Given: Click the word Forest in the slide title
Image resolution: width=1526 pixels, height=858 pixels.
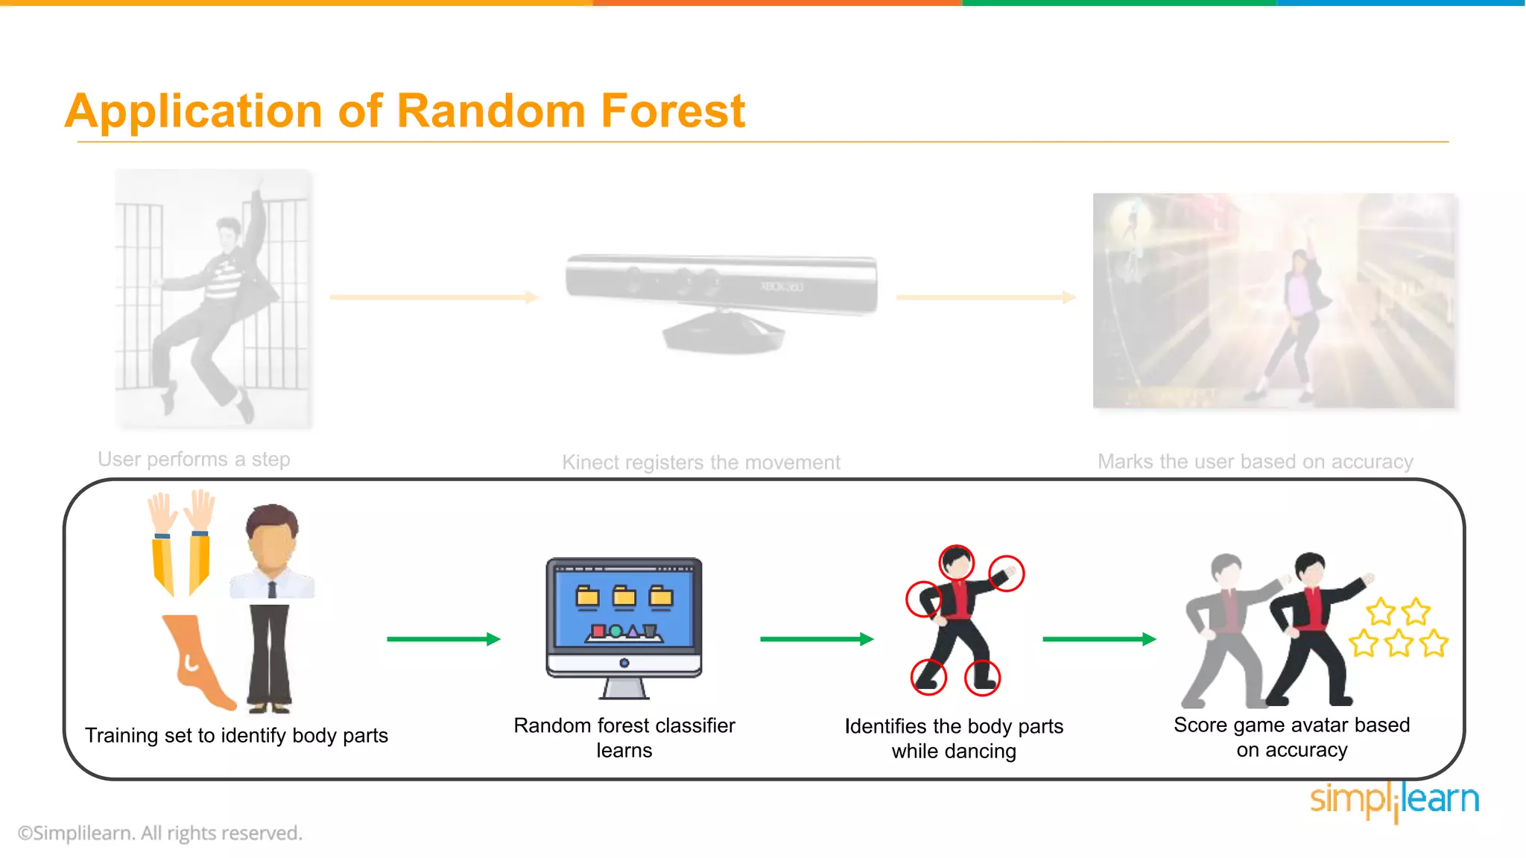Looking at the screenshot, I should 672,112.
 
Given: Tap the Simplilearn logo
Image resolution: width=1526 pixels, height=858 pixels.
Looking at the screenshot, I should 1394,800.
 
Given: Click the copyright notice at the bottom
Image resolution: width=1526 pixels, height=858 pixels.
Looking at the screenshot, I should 160,833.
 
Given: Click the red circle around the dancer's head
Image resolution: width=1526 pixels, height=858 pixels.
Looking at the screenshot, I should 957,562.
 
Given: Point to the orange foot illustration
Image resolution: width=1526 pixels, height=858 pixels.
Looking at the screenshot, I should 195,660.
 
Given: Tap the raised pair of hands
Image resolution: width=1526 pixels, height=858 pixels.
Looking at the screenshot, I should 181,512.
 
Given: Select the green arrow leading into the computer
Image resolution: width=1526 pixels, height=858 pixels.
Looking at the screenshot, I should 443,639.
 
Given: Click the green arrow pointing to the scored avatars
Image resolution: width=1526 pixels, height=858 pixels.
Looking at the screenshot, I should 1098,639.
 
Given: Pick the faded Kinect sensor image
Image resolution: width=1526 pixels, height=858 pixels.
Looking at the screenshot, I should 721,301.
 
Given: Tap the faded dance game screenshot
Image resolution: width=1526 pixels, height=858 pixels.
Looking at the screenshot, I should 1274,301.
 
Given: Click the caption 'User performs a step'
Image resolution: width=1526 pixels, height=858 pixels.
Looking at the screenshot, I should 194,460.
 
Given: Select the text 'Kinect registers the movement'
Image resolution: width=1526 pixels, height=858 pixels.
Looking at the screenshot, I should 700,463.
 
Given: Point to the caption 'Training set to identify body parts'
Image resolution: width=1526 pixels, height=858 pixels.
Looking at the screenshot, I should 236,736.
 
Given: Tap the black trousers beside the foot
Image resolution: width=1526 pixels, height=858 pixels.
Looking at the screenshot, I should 270,655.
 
